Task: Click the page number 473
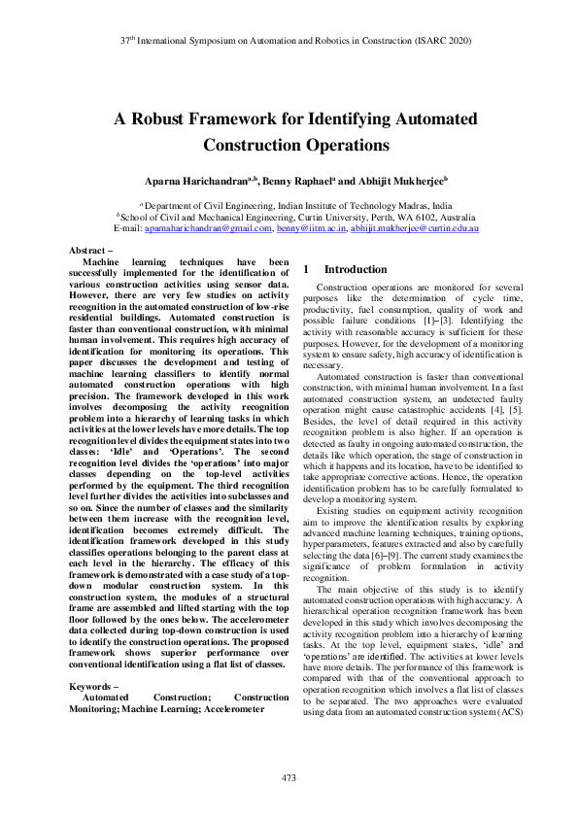pyautogui.click(x=289, y=777)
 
